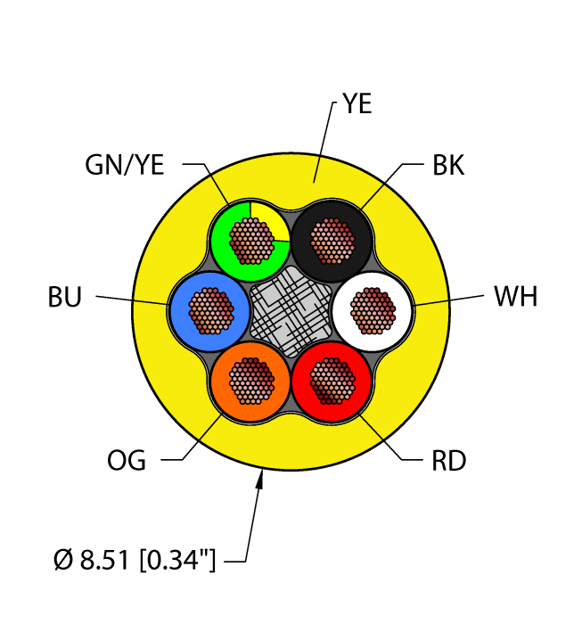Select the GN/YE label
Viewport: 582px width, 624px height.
point(126,165)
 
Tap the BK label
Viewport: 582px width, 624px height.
point(448,166)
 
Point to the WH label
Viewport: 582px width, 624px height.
point(515,297)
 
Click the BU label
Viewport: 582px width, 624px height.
point(65,298)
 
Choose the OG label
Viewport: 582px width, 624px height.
point(127,461)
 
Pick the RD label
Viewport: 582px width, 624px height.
point(449,461)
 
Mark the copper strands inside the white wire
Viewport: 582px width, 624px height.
point(373,309)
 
